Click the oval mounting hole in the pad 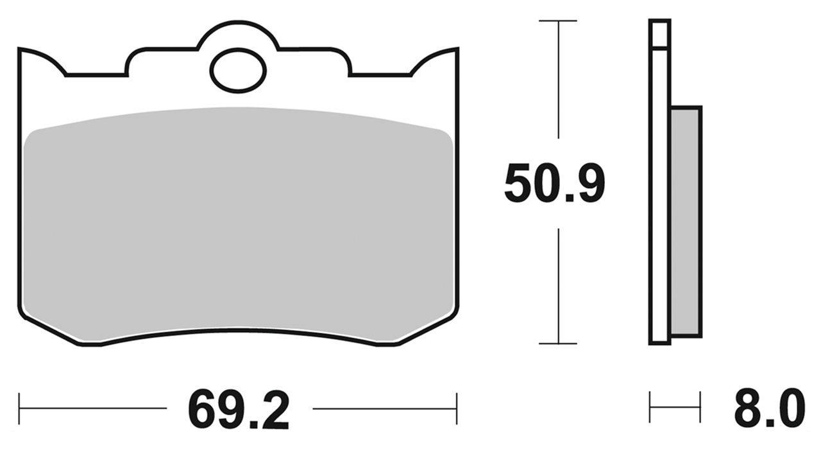tap(238, 71)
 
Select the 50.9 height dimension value tap(554, 184)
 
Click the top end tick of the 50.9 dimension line tap(558, 21)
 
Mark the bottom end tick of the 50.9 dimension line tap(558, 344)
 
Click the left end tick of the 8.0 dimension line tap(650, 407)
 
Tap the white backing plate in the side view tap(660, 193)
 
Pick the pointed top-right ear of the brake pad tap(450, 54)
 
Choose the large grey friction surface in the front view tap(238, 225)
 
